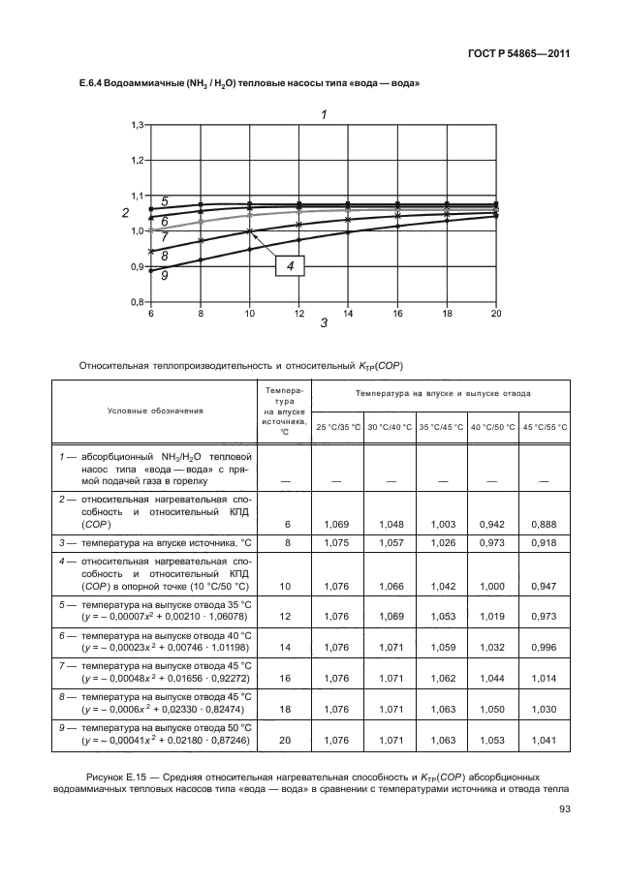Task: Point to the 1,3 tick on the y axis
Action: (x=138, y=125)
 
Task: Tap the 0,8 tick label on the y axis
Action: (x=138, y=302)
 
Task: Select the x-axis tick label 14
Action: (x=348, y=314)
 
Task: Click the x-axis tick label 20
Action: (x=496, y=314)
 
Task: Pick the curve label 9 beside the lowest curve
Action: (x=165, y=276)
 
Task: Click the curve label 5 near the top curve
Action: (x=165, y=201)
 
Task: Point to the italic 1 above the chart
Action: (x=324, y=114)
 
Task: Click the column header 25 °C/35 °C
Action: (x=338, y=427)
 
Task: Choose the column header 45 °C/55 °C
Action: (x=545, y=427)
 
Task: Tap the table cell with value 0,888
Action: (x=545, y=523)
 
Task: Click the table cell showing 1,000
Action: (x=493, y=587)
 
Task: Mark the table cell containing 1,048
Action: (x=390, y=523)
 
